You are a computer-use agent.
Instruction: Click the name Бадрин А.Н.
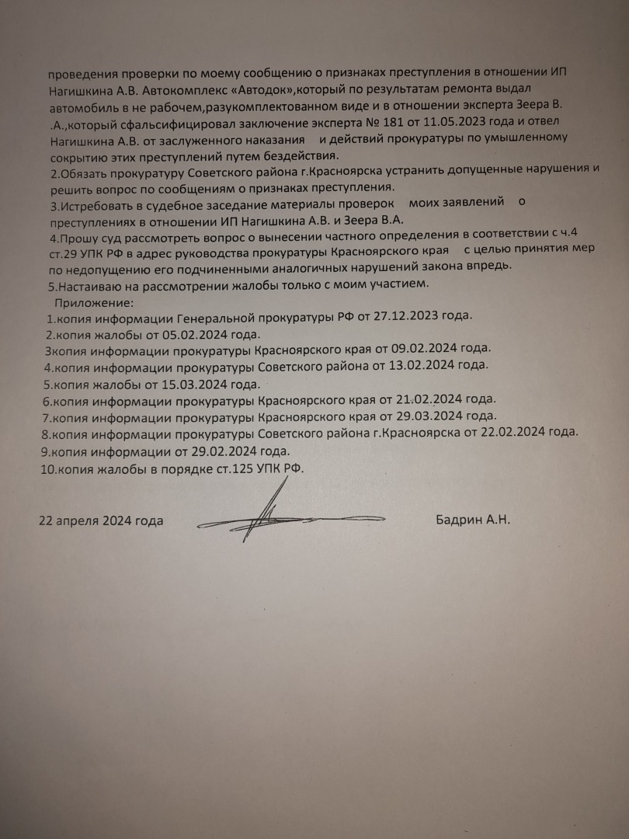pos(473,520)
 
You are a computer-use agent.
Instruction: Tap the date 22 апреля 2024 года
pos(101,520)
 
